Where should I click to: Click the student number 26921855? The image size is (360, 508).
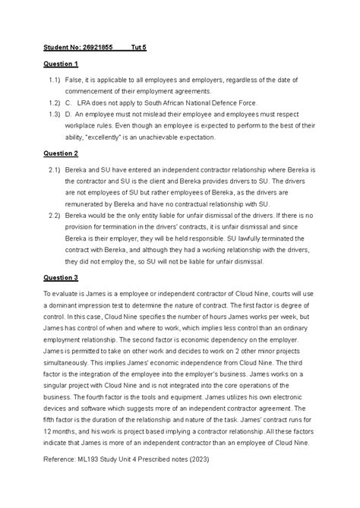(99, 46)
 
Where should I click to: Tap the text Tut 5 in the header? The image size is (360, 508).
(139, 46)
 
